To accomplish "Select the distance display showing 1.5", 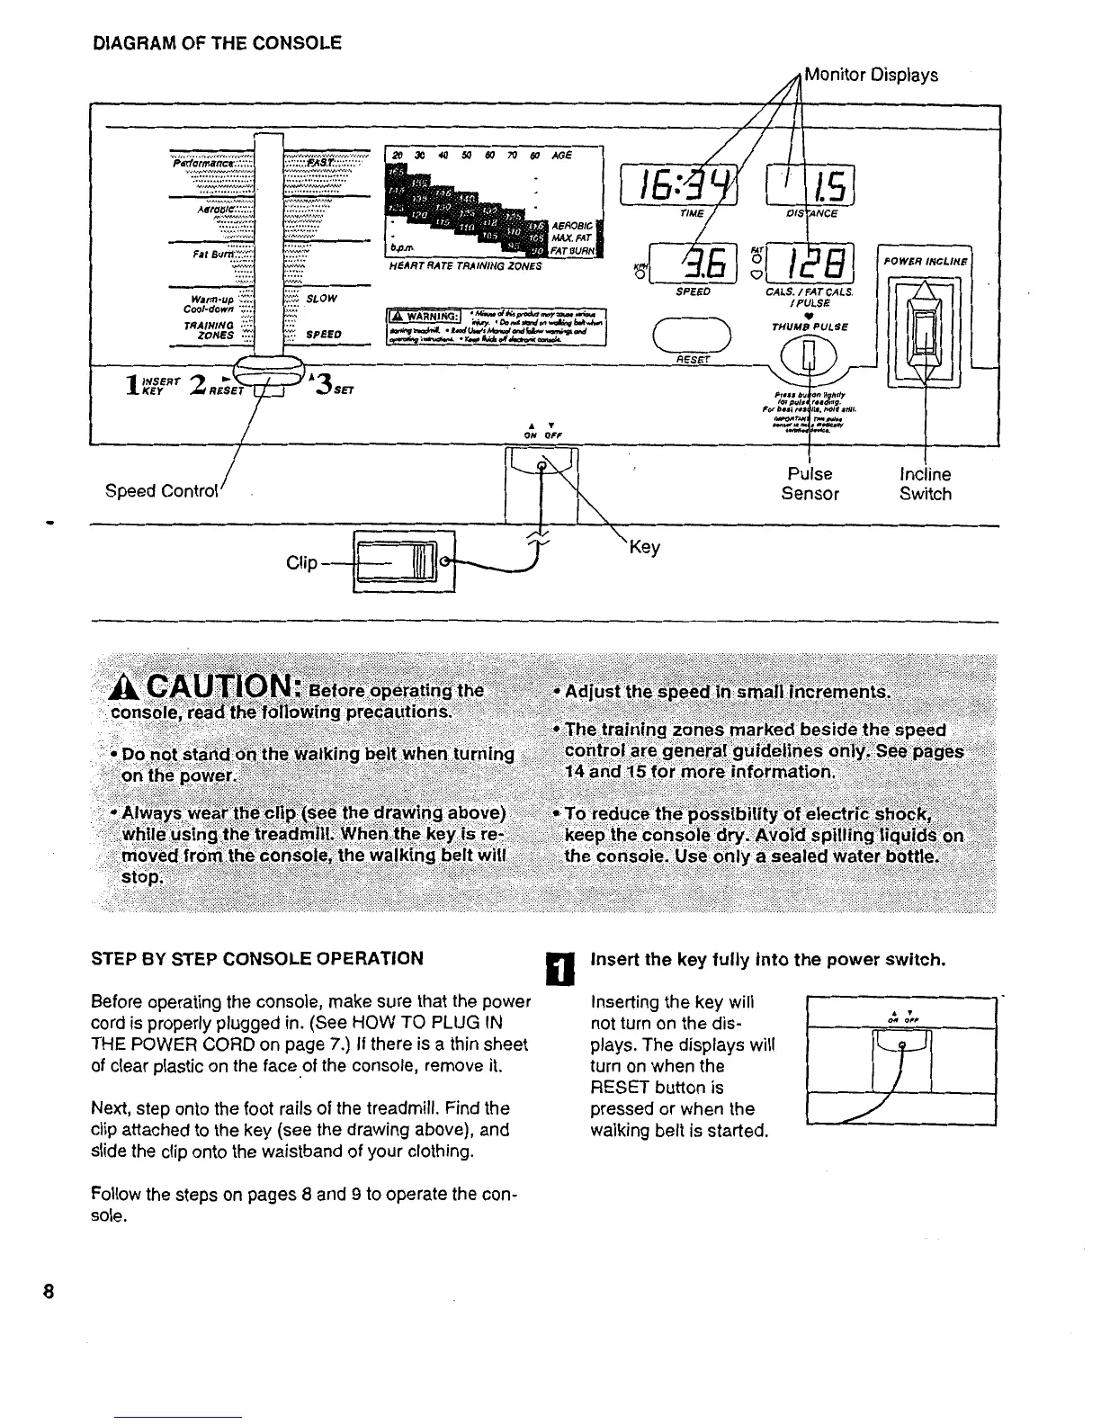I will click(x=810, y=186).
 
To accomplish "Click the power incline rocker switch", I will click(x=924, y=330).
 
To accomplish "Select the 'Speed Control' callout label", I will click(x=162, y=491).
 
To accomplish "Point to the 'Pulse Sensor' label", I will click(x=810, y=484).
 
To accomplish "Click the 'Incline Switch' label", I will click(x=926, y=484).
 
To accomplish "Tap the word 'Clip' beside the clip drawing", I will click(x=301, y=563).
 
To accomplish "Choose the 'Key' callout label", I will click(x=645, y=547).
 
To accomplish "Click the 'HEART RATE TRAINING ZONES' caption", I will click(x=465, y=266).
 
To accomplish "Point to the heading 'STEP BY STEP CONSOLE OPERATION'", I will click(x=257, y=958).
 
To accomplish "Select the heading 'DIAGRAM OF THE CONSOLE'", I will click(x=217, y=42).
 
